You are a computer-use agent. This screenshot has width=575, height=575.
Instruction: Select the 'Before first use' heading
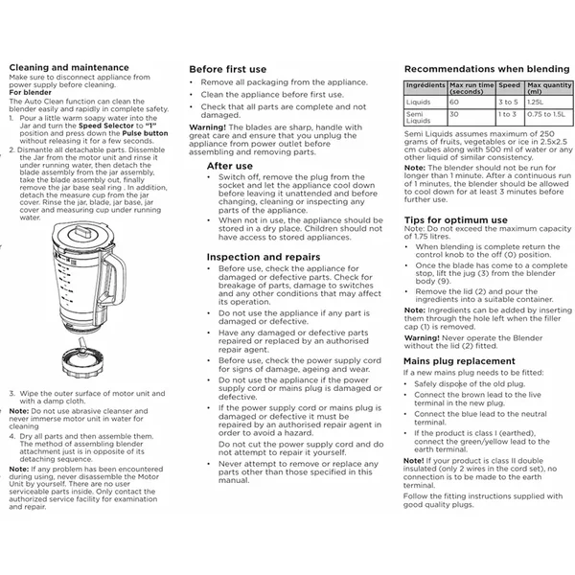tap(227, 70)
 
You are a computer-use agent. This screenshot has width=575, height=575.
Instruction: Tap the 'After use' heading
tap(230, 166)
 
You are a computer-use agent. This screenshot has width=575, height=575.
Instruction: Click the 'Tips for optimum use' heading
tap(455, 220)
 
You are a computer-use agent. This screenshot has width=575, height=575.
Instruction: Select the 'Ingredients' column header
tap(425, 86)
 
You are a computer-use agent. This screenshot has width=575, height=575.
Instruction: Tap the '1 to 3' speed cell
tap(508, 114)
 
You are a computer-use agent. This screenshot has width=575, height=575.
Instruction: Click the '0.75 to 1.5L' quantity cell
tap(548, 114)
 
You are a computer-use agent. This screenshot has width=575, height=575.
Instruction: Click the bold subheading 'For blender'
tap(31, 92)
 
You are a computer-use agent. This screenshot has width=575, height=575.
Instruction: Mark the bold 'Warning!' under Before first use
tap(207, 126)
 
